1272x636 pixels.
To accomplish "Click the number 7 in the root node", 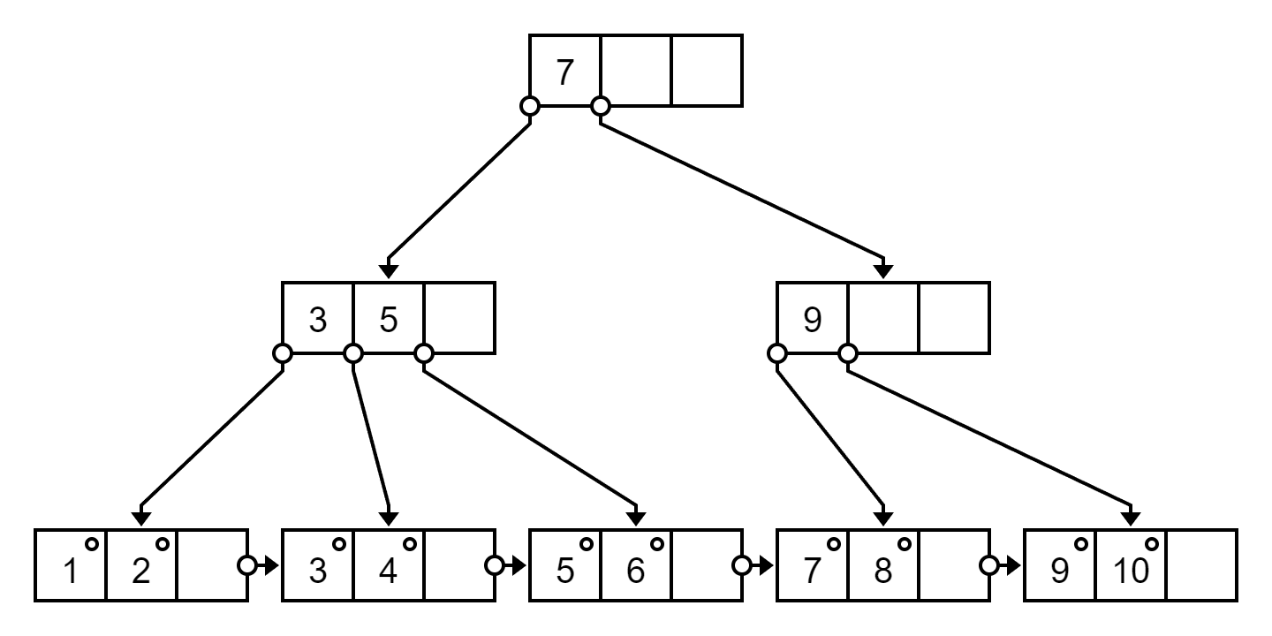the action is [x=564, y=72].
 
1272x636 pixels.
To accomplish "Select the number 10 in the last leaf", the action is [x=1132, y=570].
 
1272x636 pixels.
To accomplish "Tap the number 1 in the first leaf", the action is [x=71, y=570].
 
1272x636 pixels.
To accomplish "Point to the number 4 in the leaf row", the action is [x=388, y=570].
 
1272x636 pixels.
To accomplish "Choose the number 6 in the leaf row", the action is [x=635, y=570].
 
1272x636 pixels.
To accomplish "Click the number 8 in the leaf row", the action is [x=883, y=570].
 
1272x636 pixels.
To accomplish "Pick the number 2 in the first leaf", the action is [x=140, y=570].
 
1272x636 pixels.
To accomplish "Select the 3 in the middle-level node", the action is [x=318, y=320].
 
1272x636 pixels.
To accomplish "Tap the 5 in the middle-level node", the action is [x=389, y=320].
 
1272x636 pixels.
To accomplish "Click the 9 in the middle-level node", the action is [x=813, y=320].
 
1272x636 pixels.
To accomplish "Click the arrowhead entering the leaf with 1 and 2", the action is [x=140, y=519].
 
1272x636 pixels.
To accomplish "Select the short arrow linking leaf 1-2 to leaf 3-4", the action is [x=268, y=565].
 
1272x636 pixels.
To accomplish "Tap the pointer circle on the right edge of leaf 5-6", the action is [x=742, y=565].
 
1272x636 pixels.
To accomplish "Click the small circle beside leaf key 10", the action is [x=1152, y=544].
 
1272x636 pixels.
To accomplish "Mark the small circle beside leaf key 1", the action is [x=92, y=544].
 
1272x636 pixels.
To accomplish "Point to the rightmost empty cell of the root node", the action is [x=707, y=71].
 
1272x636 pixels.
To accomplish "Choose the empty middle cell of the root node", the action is [x=636, y=71].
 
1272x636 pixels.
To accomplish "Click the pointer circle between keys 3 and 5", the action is [x=353, y=353].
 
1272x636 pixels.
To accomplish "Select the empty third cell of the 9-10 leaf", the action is [x=1201, y=565].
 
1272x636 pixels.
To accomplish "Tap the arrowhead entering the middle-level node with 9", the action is [x=883, y=271].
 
